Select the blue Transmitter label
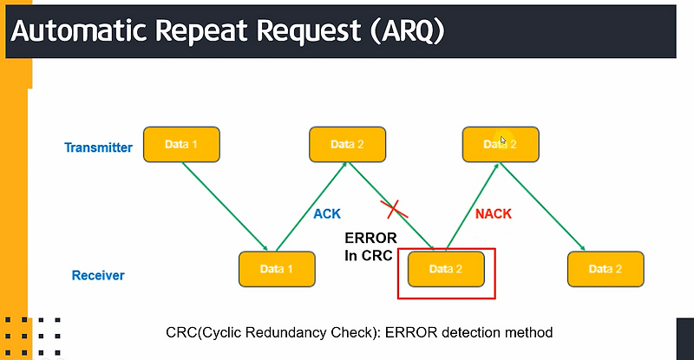(98, 147)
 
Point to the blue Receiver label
(98, 276)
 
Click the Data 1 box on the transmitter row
(181, 144)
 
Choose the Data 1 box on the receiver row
(277, 269)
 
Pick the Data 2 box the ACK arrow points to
(347, 144)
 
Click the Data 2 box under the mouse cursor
(501, 144)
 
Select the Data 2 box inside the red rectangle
(446, 269)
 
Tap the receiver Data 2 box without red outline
(606, 269)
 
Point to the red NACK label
(493, 213)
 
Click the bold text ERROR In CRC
(370, 246)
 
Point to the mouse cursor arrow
(503, 140)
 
